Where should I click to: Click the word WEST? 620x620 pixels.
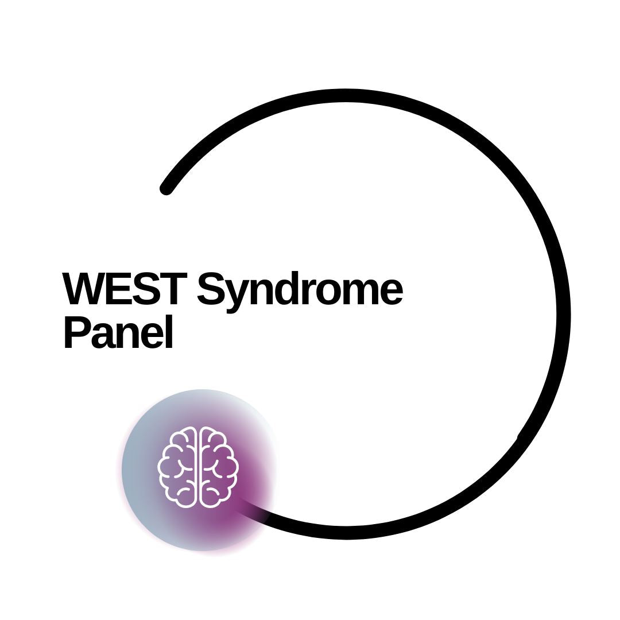125,289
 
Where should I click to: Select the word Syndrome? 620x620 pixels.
300,293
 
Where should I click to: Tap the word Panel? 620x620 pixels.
118,332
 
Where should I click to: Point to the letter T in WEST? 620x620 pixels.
173,289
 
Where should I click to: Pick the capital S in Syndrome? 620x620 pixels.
211,289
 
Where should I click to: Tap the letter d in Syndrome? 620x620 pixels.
291,289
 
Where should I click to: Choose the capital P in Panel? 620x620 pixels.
77,332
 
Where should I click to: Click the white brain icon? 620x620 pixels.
198,467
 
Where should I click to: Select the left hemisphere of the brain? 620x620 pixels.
178,467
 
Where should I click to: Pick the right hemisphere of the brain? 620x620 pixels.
219,467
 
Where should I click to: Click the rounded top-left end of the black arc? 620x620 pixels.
166,189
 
